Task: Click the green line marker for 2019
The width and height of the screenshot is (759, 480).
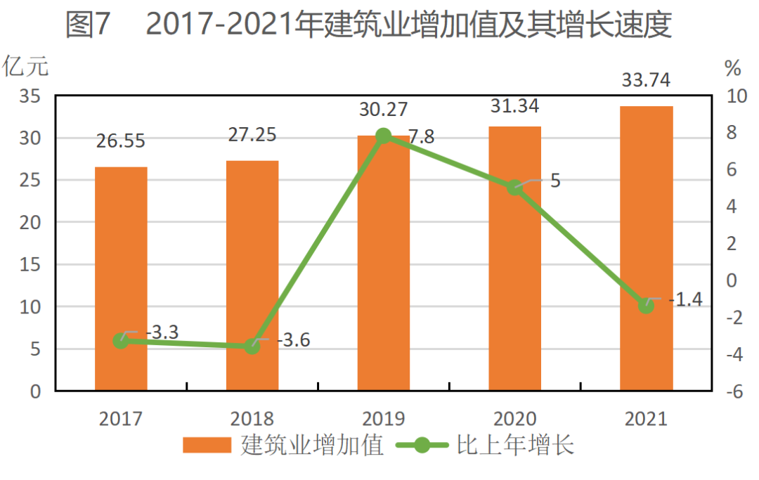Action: click(383, 136)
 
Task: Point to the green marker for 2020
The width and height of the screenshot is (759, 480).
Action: click(515, 188)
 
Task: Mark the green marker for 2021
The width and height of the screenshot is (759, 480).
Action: click(646, 306)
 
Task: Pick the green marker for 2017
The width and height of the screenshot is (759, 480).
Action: click(121, 341)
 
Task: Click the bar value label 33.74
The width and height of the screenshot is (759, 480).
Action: click(646, 81)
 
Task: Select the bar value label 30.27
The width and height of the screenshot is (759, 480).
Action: click(383, 110)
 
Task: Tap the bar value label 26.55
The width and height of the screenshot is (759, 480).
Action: click(121, 141)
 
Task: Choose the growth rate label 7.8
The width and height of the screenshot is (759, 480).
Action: click(421, 138)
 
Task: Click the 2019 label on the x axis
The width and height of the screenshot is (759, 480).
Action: click(383, 420)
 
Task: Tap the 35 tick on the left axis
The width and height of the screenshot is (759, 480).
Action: click(29, 96)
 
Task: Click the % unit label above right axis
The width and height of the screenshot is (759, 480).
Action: click(732, 69)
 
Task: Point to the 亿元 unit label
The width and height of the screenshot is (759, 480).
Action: click(26, 67)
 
